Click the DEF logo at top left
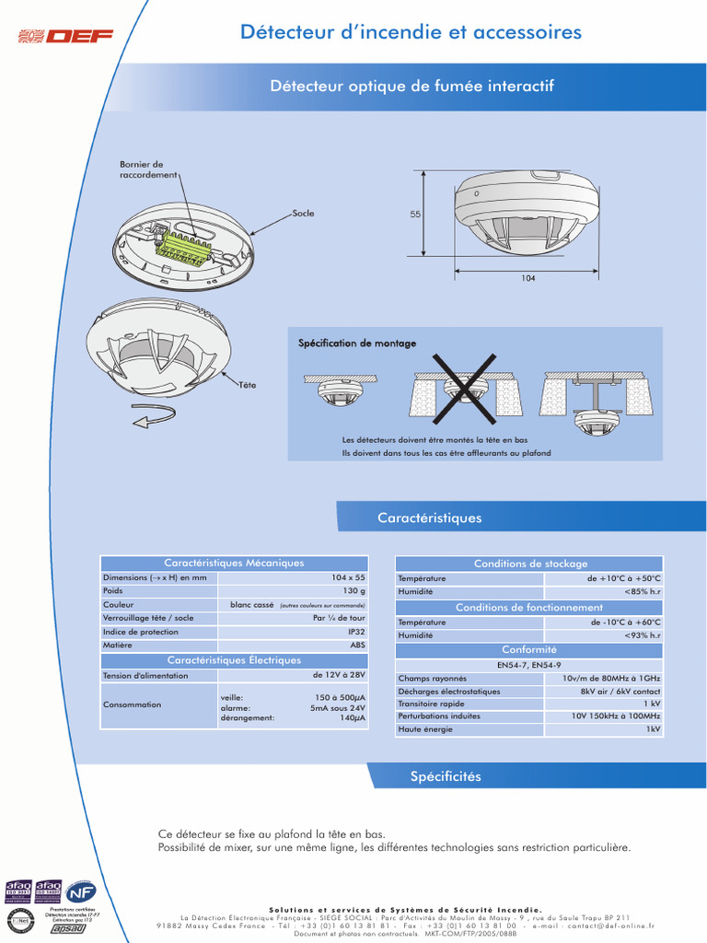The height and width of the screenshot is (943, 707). tap(66, 36)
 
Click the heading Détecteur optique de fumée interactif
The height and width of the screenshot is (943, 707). tap(411, 86)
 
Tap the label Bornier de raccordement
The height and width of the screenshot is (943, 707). tap(147, 169)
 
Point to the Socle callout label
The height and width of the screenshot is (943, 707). tap(303, 214)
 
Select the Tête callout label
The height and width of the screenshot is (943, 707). tap(248, 384)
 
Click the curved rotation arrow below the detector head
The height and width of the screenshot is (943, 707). tap(155, 420)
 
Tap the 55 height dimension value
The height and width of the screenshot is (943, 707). tap(415, 215)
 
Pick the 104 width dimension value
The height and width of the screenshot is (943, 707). tap(528, 278)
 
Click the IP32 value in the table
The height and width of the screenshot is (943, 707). tap(356, 632)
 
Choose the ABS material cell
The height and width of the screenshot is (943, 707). tap(357, 646)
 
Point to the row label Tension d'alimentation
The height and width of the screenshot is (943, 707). tap(145, 675)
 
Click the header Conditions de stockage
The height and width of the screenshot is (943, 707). tap(529, 564)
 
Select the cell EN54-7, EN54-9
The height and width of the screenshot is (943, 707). tap(529, 664)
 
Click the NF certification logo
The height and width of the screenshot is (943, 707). tap(81, 892)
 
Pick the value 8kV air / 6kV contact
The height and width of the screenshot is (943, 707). tap(620, 691)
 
